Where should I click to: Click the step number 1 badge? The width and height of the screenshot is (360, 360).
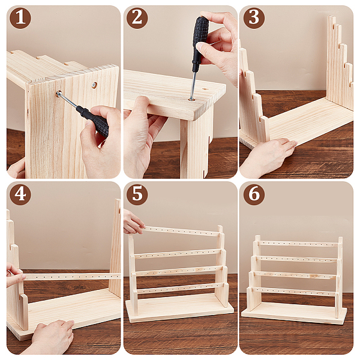click(20, 18)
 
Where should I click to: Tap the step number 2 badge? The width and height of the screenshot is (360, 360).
click(137, 18)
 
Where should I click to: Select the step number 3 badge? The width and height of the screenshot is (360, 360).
click(254, 18)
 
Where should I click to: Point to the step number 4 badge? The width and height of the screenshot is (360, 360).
click(20, 194)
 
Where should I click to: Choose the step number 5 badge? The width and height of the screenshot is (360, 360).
click(137, 194)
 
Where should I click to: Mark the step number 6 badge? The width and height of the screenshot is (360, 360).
click(254, 194)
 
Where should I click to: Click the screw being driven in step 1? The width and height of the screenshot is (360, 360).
click(59, 94)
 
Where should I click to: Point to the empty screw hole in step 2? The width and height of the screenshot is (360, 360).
click(204, 89)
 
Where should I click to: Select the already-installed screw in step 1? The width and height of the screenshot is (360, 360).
click(94, 85)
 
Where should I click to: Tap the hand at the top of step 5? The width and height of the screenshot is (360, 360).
click(133, 222)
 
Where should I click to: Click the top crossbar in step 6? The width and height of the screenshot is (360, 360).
click(298, 244)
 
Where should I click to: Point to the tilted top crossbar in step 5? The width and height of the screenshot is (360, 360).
click(181, 232)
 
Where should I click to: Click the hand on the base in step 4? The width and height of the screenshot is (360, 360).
click(51, 337)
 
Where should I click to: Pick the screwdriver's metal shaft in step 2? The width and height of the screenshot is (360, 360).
click(193, 86)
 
